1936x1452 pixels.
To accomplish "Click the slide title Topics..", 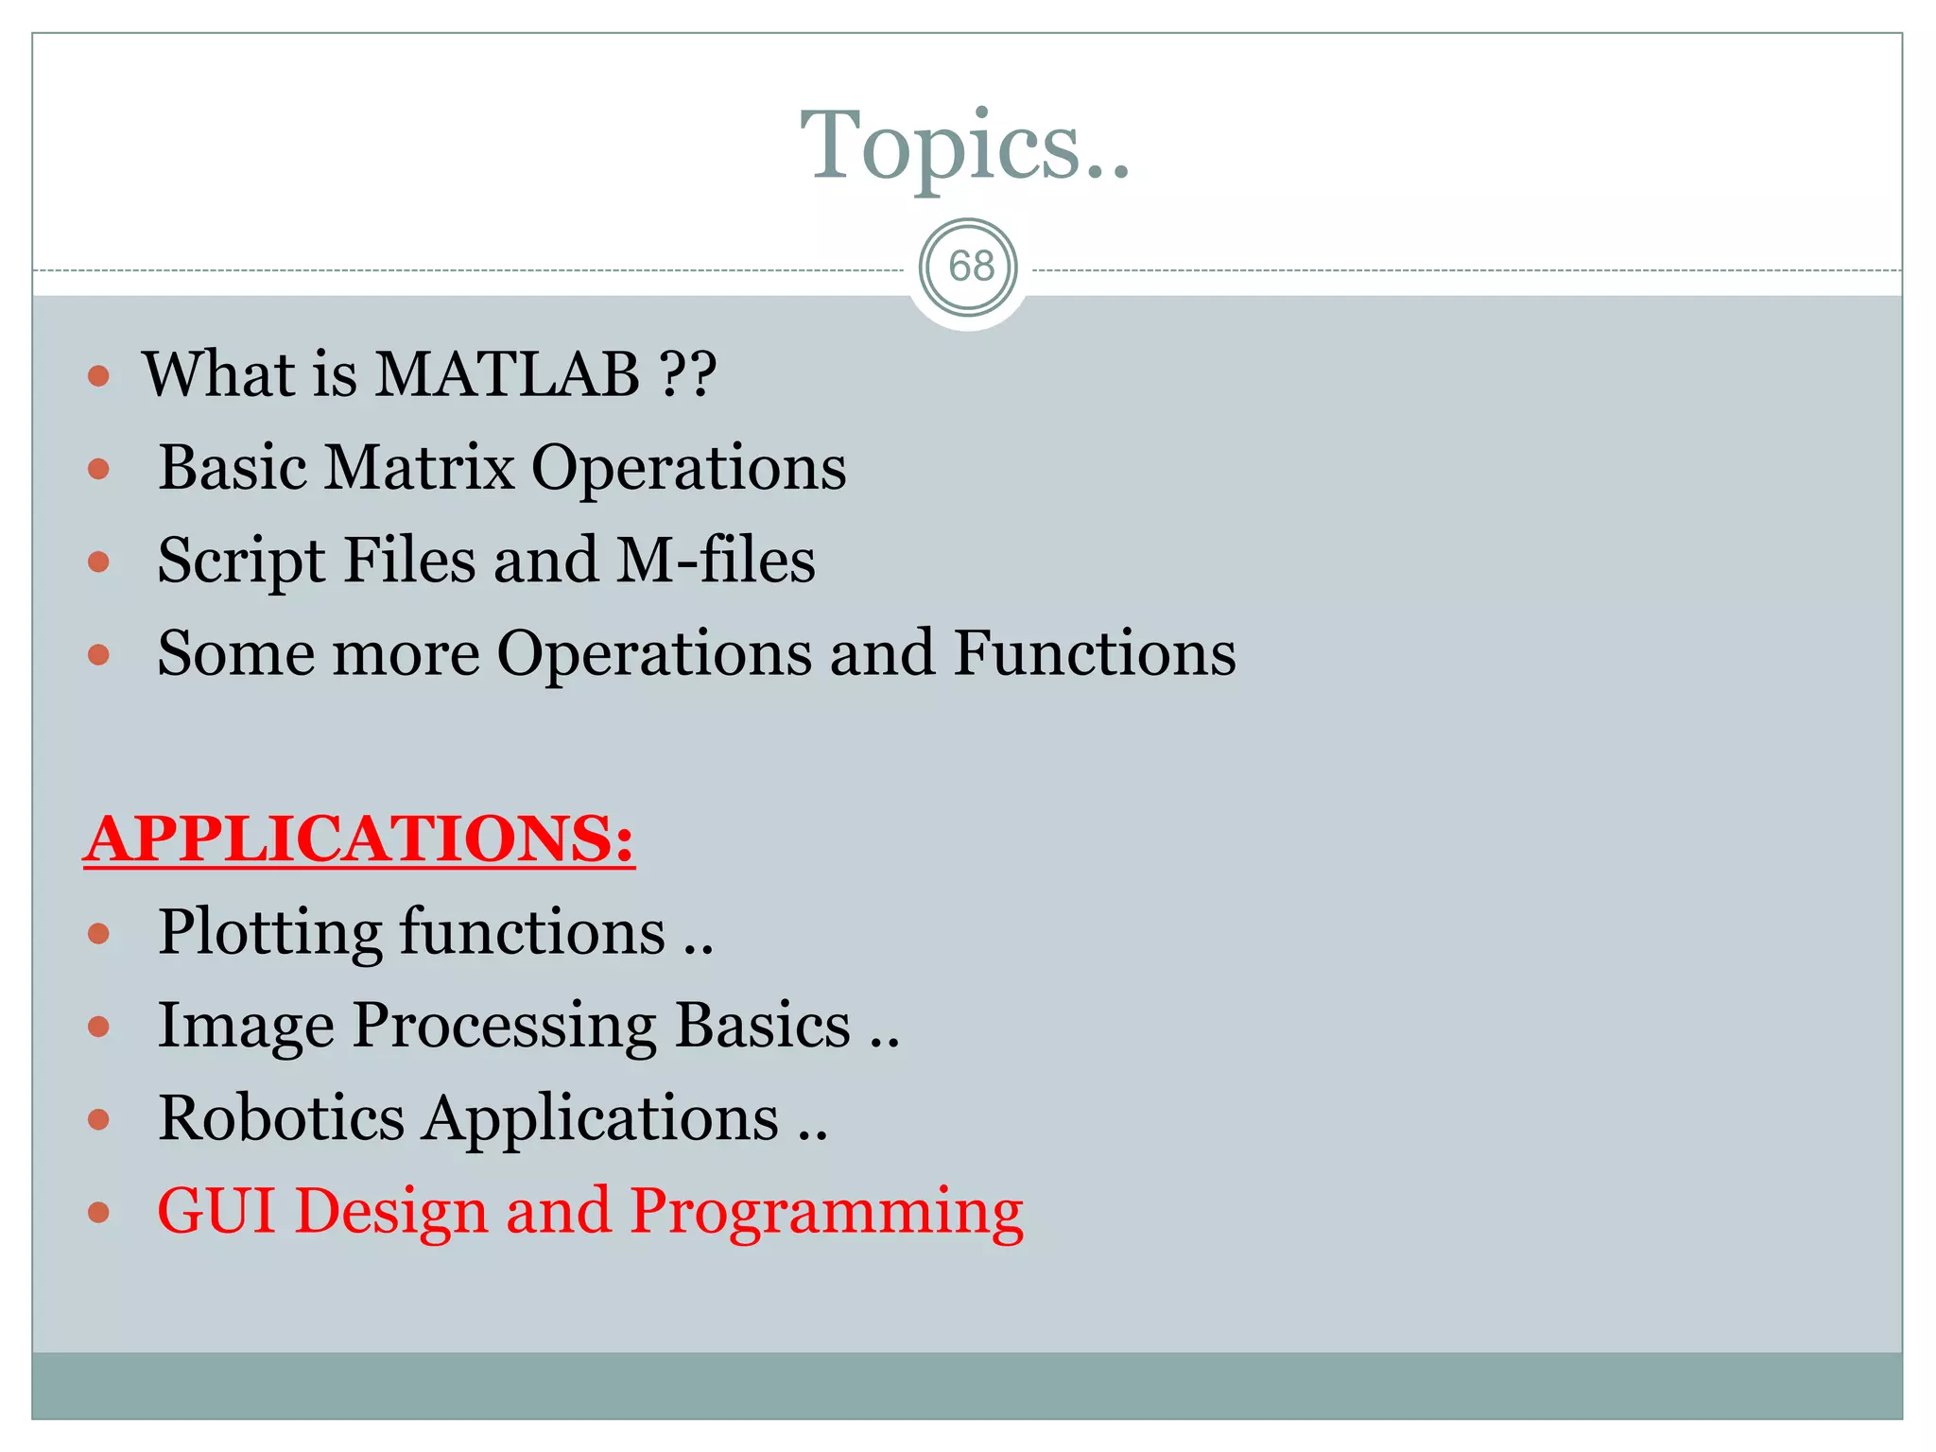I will tap(964, 147).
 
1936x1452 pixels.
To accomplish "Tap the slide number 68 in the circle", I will tap(970, 267).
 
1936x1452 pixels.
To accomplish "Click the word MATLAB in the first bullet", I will tap(507, 374).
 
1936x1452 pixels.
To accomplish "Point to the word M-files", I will tap(716, 560).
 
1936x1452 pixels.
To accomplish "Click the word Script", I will tap(241, 562).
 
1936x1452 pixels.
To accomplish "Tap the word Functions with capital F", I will tap(1094, 653).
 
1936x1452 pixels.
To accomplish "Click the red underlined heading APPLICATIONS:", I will tap(359, 839).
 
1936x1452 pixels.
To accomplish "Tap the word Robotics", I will tap(281, 1118).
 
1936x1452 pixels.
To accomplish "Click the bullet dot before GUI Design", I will tap(98, 1213).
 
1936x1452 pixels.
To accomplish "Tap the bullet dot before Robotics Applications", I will tap(98, 1120).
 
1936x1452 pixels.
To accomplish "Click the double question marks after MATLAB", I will tap(688, 374).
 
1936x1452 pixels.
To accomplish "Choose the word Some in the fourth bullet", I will tap(235, 653).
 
